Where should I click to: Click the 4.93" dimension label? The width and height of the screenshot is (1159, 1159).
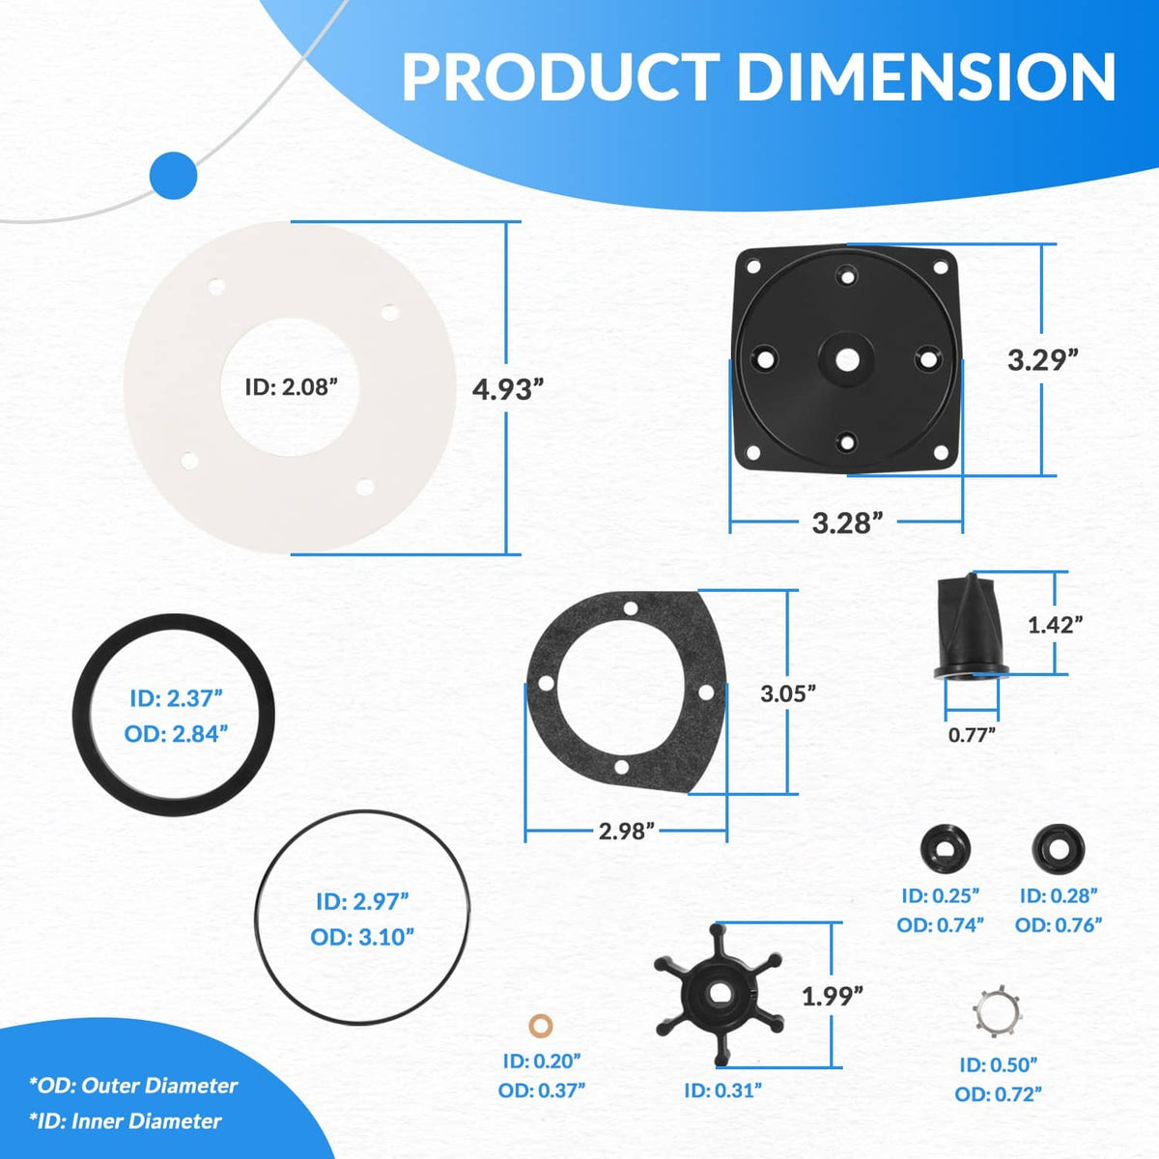(508, 390)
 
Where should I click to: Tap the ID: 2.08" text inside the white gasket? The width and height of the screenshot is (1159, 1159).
(292, 386)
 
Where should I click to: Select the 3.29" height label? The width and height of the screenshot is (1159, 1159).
(1043, 360)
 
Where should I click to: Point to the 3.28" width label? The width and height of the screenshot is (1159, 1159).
(848, 523)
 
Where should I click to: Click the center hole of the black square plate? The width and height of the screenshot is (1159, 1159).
(847, 359)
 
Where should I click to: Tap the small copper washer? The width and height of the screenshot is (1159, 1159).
(541, 1026)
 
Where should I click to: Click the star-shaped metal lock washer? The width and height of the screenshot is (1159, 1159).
(997, 1010)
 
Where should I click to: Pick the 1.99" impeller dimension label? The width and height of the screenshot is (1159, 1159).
(833, 997)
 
